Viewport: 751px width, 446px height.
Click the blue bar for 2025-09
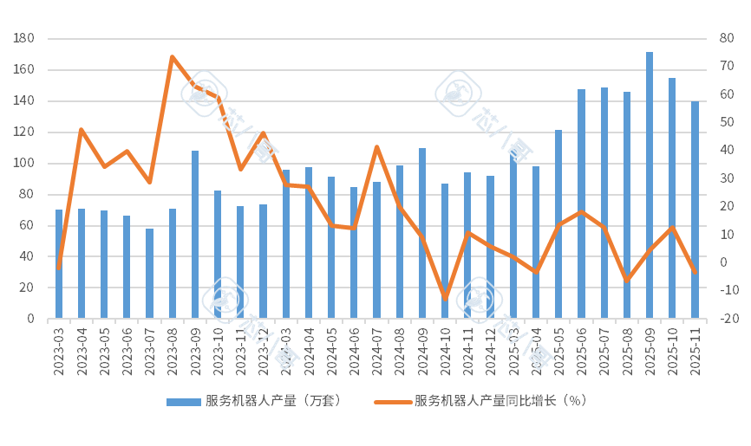[x=649, y=185]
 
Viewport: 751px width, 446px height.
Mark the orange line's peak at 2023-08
[x=172, y=56]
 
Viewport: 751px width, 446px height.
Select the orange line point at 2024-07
[x=376, y=146]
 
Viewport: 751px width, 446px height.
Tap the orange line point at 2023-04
[x=82, y=129]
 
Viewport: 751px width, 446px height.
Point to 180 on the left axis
[x=23, y=39]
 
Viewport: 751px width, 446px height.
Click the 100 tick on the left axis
[x=23, y=163]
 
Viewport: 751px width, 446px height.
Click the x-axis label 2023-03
[x=59, y=352]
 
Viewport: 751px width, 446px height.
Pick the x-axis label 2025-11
[x=695, y=352]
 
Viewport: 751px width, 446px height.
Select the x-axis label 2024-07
[x=376, y=352]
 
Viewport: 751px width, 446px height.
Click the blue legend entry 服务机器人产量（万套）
[x=256, y=401]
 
